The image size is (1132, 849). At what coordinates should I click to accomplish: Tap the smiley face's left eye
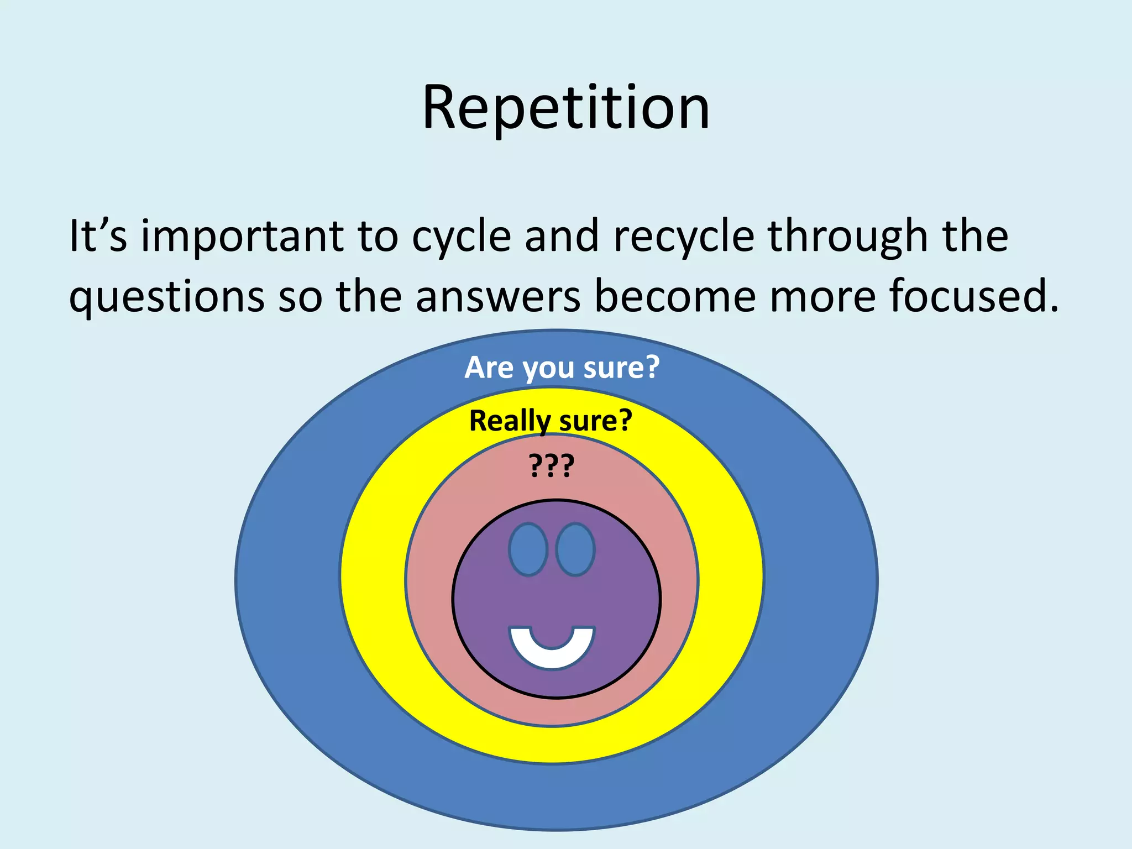pyautogui.click(x=528, y=549)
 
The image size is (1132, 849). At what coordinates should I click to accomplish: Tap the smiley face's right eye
pyautogui.click(x=575, y=549)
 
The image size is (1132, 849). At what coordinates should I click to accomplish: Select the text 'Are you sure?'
pyautogui.click(x=562, y=368)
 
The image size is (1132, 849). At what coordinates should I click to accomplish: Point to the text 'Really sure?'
pyautogui.click(x=551, y=421)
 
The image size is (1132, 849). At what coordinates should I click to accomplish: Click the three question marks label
pyautogui.click(x=552, y=465)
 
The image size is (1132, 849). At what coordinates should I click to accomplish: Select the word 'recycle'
pyautogui.click(x=684, y=237)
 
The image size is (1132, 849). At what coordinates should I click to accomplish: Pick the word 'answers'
pyautogui.click(x=497, y=297)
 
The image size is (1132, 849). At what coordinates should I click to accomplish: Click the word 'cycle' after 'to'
pyautogui.click(x=462, y=237)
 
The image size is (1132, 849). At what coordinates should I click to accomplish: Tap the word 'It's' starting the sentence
pyautogui.click(x=98, y=236)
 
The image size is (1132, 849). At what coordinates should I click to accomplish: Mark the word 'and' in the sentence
pyautogui.click(x=562, y=236)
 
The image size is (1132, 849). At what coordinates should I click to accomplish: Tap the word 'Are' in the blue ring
pyautogui.click(x=489, y=368)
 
